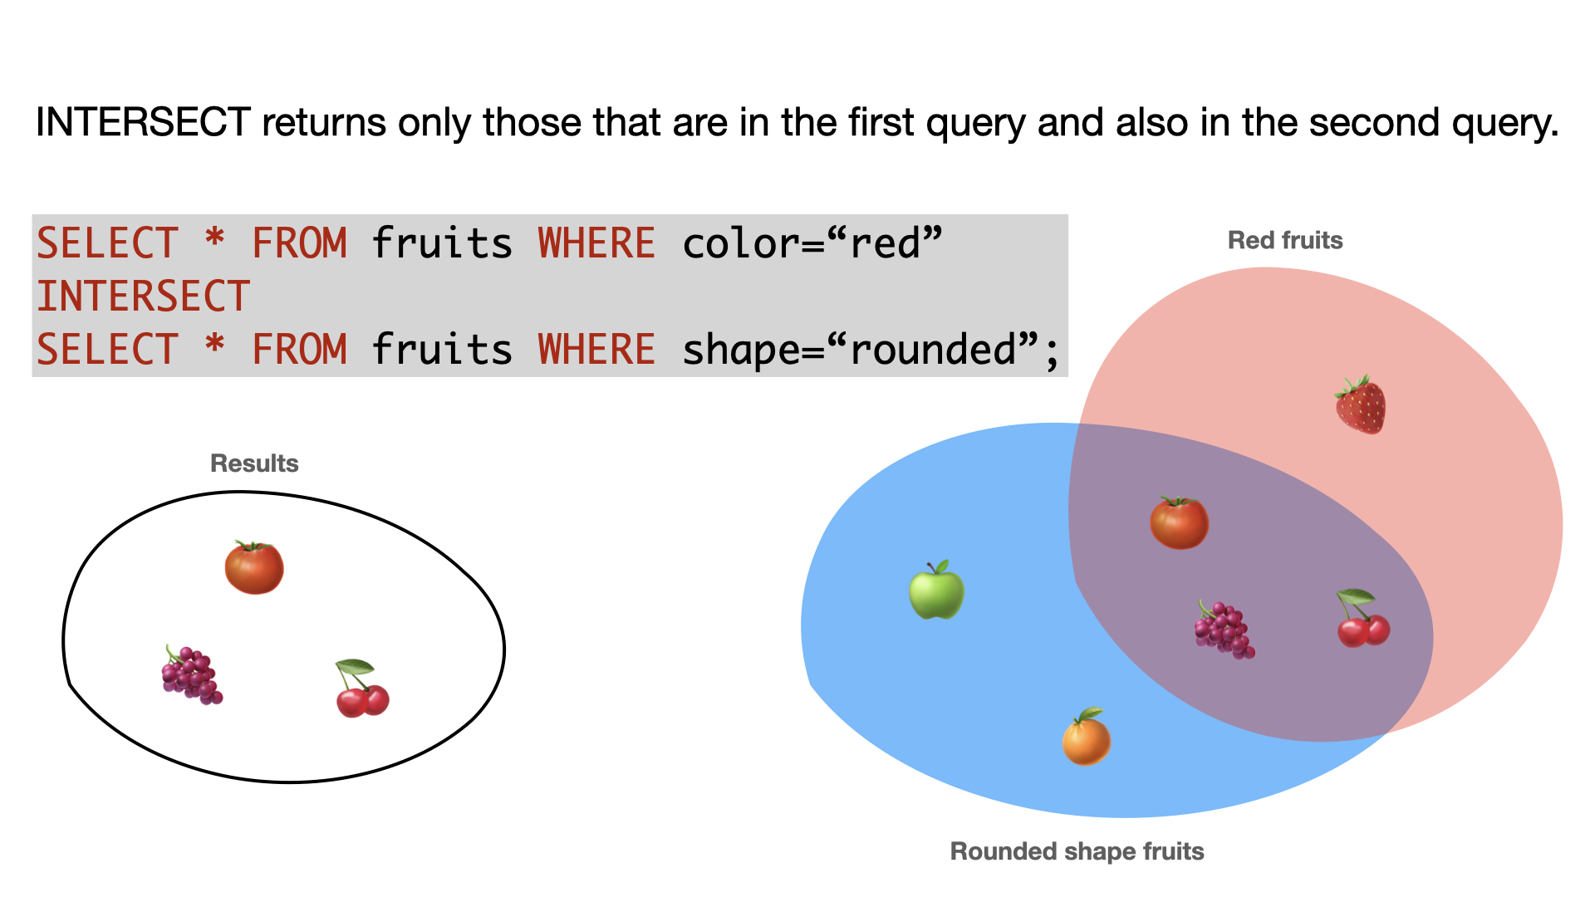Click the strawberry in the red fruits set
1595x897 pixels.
coord(1360,404)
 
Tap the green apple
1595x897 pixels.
coord(936,590)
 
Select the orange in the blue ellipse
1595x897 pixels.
coord(1087,737)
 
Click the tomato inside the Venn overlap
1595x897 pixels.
coord(1179,522)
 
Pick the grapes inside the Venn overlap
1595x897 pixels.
coord(1224,630)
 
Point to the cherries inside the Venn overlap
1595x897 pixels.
coord(1362,618)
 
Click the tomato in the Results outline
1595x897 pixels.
coord(254,567)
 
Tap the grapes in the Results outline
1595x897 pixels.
coord(192,674)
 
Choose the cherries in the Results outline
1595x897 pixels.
coord(362,688)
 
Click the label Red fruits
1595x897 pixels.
coord(1285,240)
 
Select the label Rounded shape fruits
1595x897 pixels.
coord(1077,851)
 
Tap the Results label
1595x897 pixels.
coord(254,463)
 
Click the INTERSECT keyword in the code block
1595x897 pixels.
coord(143,297)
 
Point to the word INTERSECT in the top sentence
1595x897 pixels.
coord(143,122)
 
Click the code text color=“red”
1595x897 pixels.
coord(812,243)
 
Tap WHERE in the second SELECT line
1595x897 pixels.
coord(596,349)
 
